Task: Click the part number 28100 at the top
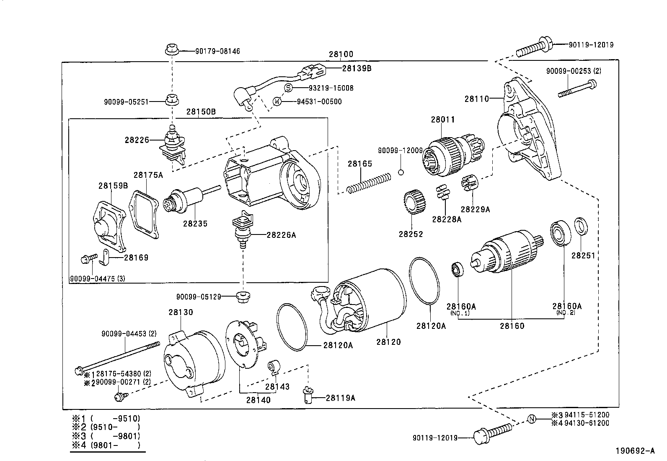tap(341, 54)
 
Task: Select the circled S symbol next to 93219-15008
tap(289, 88)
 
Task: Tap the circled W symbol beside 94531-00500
tap(277, 101)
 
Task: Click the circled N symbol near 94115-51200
tap(531, 419)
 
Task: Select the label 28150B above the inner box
tap(201, 112)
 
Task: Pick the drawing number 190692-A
tap(634, 451)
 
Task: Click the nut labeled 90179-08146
tap(171, 49)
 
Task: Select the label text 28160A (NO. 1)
tap(461, 310)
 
